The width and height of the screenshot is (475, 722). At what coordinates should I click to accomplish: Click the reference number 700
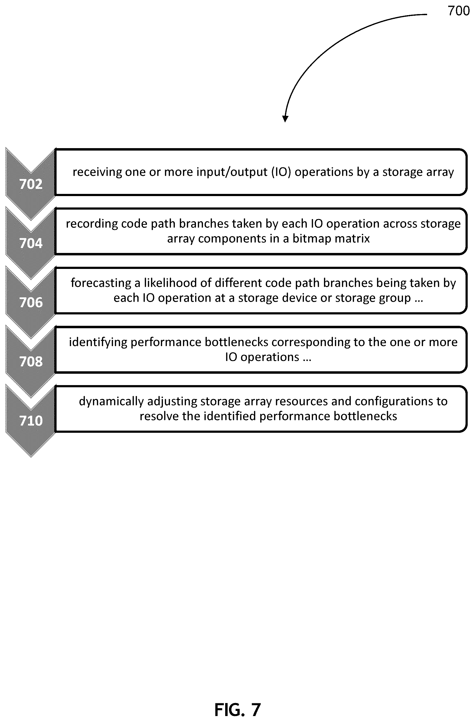coord(458,11)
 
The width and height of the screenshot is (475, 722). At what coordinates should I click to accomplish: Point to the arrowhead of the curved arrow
coord(285,119)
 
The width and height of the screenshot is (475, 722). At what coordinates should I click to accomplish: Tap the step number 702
coord(31,184)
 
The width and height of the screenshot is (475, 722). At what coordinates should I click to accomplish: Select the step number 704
coord(31,243)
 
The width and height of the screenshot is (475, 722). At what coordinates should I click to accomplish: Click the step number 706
coord(31,303)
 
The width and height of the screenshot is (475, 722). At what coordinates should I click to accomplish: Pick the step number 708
coord(31,362)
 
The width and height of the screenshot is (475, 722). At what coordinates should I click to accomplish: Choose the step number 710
coord(31,421)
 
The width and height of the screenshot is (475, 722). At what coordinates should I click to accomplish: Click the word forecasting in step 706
coord(101,283)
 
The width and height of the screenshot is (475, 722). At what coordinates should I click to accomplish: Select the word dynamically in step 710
coord(111,401)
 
